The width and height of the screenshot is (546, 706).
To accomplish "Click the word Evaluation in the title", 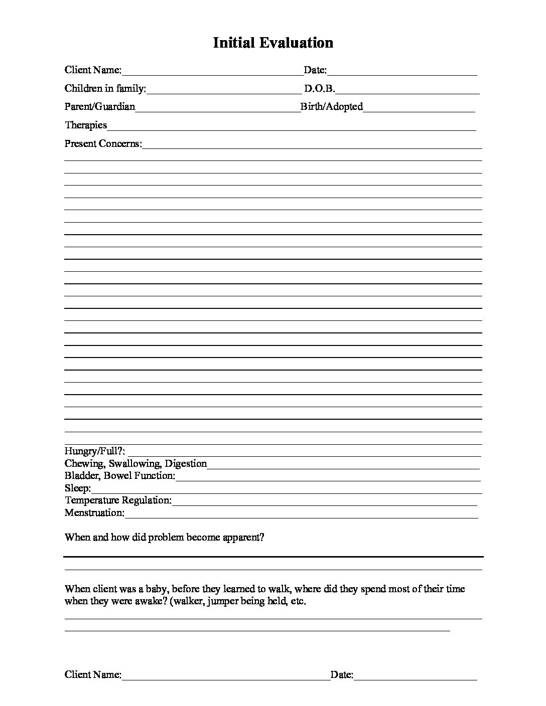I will click(x=296, y=43).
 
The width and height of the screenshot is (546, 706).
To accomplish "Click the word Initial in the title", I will click(x=234, y=43).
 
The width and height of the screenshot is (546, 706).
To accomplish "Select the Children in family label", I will click(x=105, y=89).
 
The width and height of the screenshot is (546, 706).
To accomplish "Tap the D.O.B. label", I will click(x=319, y=89).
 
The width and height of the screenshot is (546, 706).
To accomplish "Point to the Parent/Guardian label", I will click(x=99, y=107).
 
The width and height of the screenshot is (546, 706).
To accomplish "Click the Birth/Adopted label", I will click(x=331, y=107).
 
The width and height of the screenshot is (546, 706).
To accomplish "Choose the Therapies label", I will click(x=86, y=125).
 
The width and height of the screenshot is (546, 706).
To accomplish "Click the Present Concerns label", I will click(x=103, y=143).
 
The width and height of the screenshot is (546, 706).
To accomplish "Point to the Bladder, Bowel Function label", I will click(x=120, y=475).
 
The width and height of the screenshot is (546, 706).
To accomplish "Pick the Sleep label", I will click(x=77, y=488).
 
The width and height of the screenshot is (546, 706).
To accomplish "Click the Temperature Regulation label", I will click(x=118, y=500).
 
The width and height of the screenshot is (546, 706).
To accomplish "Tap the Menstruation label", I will click(x=94, y=512).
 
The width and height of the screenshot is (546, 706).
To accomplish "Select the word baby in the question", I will click(x=156, y=589).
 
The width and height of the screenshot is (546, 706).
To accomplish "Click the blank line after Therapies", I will click(x=291, y=129).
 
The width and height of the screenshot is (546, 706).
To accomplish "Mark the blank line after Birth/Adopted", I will click(x=419, y=110).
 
